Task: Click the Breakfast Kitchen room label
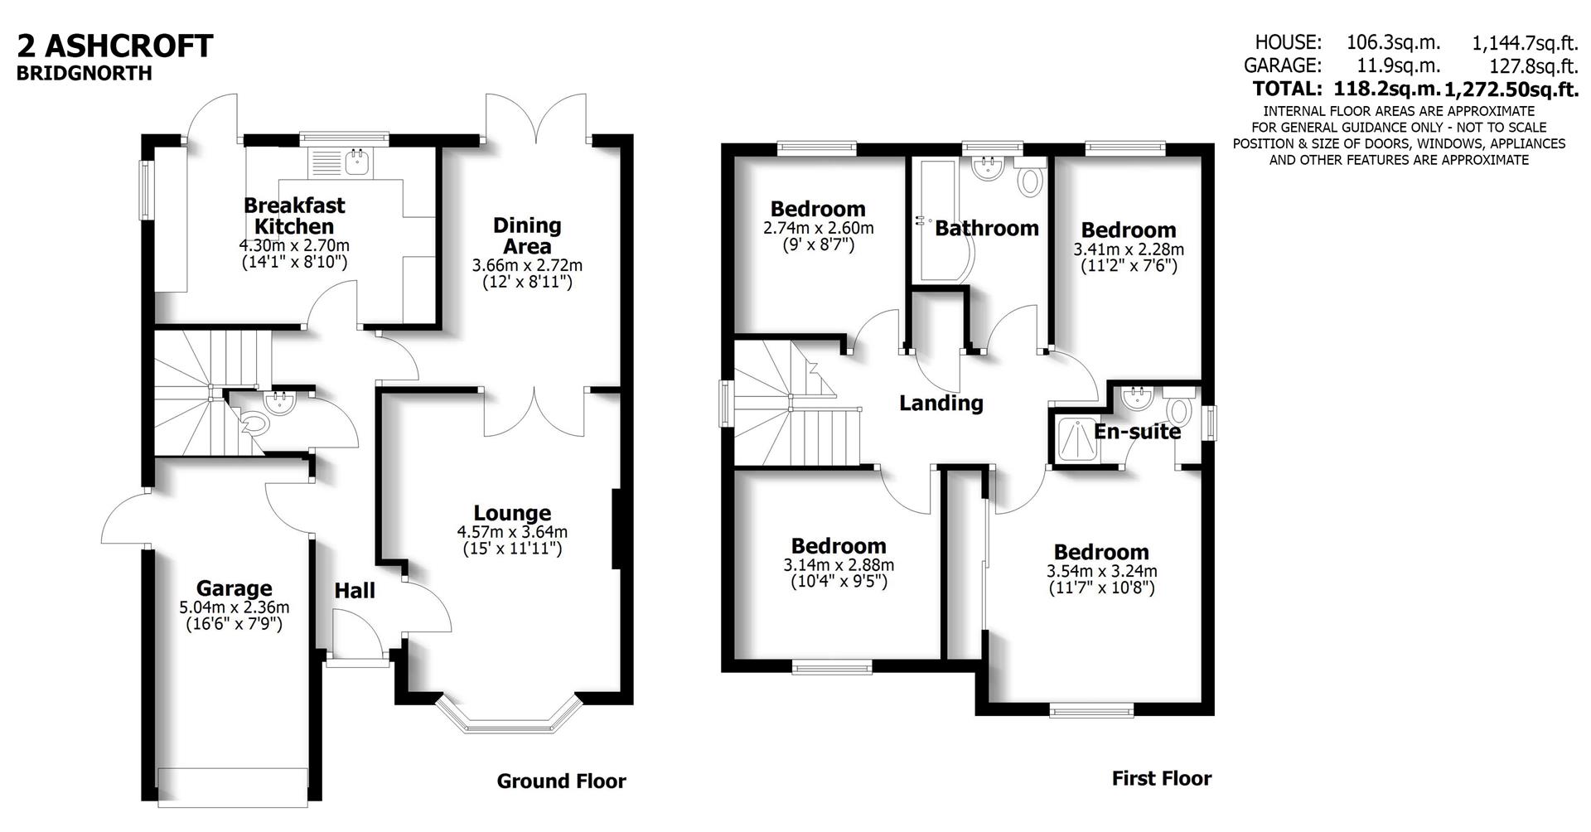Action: point(294,215)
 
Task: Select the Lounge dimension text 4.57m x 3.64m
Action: point(512,532)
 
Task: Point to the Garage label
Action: point(234,588)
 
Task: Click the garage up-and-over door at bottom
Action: point(233,787)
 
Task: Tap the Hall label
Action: point(355,591)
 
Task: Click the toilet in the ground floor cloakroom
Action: point(256,425)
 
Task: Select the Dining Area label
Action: point(527,235)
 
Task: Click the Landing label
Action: point(941,404)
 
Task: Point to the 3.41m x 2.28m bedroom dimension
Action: point(1129,249)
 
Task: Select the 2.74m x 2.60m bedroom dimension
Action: point(818,228)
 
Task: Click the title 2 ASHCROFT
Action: point(115,46)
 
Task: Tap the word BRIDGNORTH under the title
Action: point(85,73)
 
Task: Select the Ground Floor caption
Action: point(561,781)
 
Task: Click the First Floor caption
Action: point(1161,778)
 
